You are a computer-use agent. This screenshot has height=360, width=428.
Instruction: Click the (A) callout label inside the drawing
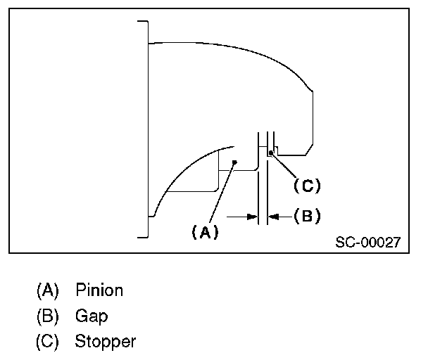pyautogui.click(x=205, y=232)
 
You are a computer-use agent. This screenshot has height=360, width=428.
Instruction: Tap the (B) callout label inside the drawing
pyautogui.click(x=307, y=216)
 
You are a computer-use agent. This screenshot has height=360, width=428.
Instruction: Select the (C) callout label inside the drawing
pyautogui.click(x=307, y=186)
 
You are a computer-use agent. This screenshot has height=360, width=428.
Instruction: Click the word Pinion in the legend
pyautogui.click(x=99, y=290)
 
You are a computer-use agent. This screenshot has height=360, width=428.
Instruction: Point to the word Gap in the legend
pyautogui.click(x=92, y=316)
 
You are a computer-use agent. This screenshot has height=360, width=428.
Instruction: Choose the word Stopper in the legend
pyautogui.click(x=106, y=342)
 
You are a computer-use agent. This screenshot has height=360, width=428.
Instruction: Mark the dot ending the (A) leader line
pyautogui.click(x=234, y=162)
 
